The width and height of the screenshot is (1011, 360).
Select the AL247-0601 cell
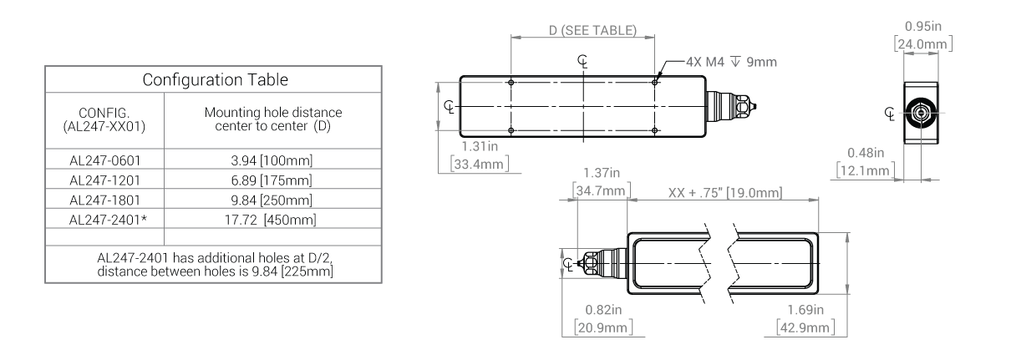click(x=104, y=160)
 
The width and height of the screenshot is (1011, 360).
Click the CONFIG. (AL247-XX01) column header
click(x=104, y=119)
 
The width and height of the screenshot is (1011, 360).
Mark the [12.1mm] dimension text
click(x=866, y=170)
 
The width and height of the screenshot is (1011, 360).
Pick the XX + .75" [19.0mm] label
click(x=724, y=194)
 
